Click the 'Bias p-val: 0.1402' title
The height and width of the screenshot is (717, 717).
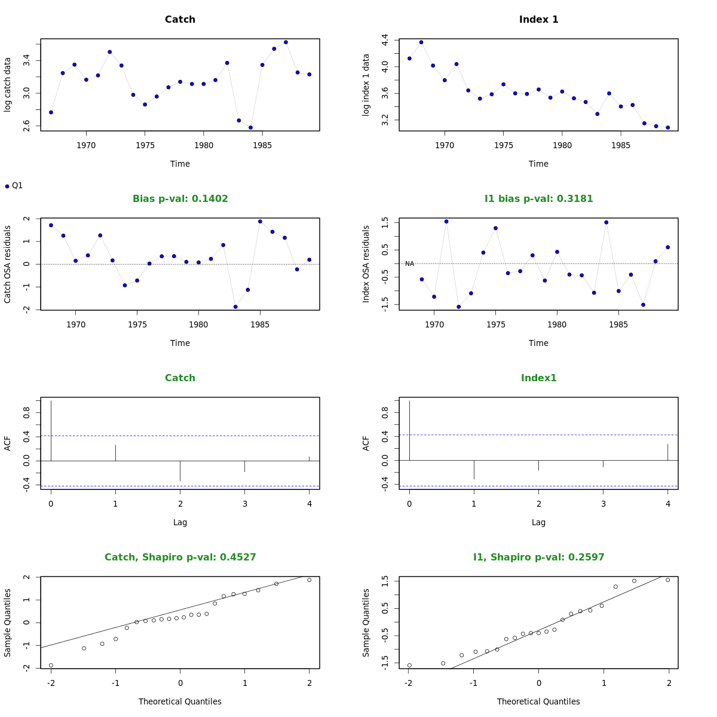click(180, 199)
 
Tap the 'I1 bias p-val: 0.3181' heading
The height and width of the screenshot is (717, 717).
click(538, 199)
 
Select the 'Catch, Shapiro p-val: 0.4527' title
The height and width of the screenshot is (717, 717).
click(180, 557)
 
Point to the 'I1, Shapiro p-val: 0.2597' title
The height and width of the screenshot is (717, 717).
click(538, 557)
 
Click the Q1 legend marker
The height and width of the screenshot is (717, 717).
click(7, 186)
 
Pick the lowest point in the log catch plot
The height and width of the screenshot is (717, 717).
click(250, 127)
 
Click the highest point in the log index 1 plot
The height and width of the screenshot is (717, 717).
click(421, 42)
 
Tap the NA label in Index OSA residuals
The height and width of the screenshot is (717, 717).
click(409, 264)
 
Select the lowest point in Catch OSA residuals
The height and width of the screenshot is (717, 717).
click(235, 307)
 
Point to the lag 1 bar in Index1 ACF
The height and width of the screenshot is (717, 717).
click(474, 470)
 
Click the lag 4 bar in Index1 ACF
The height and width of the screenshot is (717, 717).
click(667, 452)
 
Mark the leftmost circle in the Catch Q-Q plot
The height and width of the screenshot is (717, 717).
click(51, 665)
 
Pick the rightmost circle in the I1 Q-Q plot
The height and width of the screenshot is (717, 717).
click(668, 580)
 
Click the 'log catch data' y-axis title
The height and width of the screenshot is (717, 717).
click(8, 85)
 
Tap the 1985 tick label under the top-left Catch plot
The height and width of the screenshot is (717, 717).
click(262, 145)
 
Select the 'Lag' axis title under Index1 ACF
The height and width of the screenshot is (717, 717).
click(538, 522)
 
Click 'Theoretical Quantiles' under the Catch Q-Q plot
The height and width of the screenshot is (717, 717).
click(180, 701)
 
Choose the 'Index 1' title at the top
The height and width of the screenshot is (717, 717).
click(538, 20)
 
